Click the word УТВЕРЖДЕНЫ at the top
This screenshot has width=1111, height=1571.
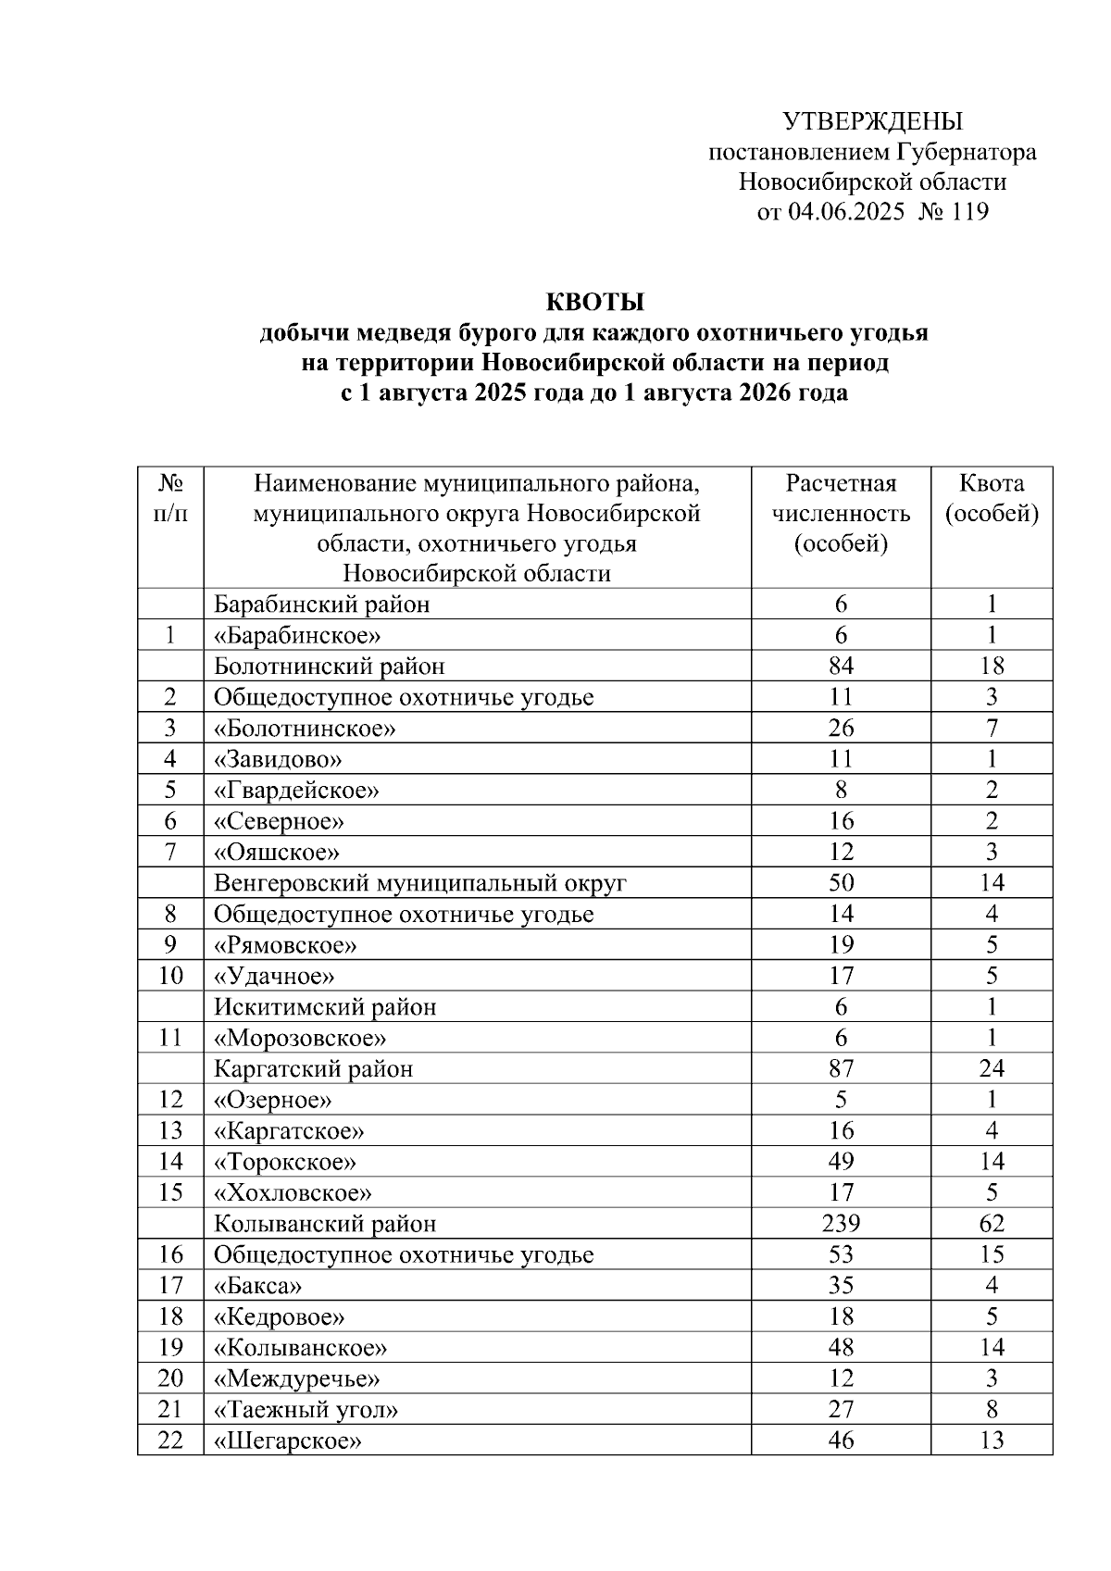[872, 121]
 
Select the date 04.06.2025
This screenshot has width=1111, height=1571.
[845, 212]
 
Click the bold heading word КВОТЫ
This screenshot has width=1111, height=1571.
[593, 303]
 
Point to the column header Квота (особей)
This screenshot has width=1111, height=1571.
[991, 498]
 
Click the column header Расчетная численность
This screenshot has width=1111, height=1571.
[841, 498]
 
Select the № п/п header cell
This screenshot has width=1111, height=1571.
[170, 498]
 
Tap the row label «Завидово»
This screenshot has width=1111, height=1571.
[278, 760]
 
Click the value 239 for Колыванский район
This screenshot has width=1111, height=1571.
[841, 1224]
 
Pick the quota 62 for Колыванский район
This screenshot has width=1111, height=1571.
[991, 1224]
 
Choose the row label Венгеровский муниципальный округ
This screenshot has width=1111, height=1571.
[420, 883]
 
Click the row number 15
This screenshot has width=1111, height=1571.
[170, 1192]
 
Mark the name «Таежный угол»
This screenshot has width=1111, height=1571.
[306, 1410]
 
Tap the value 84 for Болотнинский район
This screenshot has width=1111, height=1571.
[841, 667]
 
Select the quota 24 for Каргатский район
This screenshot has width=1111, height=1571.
[991, 1069]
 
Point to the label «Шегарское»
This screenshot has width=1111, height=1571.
[287, 1440]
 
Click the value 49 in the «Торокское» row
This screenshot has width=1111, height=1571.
[841, 1162]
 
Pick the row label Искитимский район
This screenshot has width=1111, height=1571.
[325, 1007]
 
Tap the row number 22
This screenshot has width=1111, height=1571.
[170, 1440]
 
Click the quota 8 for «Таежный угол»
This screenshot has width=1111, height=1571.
[991, 1410]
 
